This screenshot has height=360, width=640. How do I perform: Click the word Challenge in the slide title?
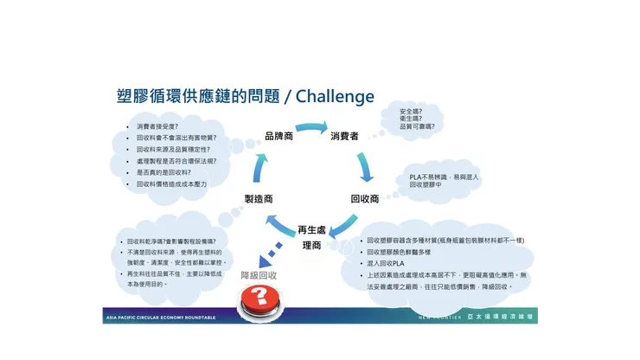point(335,96)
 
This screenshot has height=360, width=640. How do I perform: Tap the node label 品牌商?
point(279,137)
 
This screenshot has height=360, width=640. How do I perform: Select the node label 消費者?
point(344,137)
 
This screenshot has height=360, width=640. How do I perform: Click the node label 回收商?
point(364,198)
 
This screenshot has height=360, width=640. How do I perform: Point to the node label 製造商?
point(259,198)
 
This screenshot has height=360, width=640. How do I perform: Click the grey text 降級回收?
point(258,275)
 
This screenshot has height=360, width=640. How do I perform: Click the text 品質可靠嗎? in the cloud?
point(417,126)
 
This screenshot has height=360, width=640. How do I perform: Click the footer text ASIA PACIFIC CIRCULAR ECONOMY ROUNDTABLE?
point(160,318)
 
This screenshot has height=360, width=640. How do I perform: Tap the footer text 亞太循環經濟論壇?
point(501,318)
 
